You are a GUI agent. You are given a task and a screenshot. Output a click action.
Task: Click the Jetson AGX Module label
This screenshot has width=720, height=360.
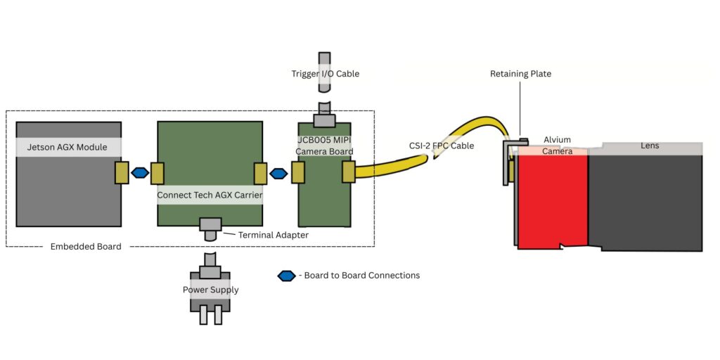click(x=67, y=147)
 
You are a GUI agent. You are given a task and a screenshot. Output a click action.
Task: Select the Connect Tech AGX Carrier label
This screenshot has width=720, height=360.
click(x=210, y=195)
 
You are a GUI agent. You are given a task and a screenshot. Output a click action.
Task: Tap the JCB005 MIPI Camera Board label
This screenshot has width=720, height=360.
click(x=323, y=146)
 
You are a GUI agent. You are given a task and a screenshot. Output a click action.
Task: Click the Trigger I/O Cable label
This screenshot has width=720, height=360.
click(x=325, y=74)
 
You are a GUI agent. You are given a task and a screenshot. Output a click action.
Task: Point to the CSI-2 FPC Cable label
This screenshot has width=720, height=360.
click(x=442, y=146)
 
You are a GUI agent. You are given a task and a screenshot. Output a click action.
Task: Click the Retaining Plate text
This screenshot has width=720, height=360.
click(x=520, y=74)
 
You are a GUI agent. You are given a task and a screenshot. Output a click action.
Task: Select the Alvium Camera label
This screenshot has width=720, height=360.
click(x=558, y=146)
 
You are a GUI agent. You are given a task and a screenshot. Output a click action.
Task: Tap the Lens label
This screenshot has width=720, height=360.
click(x=650, y=146)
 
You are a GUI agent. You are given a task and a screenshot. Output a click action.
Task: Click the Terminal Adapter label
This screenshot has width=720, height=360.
click(x=273, y=235)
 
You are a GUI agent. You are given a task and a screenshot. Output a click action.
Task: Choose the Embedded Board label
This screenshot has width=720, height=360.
click(x=86, y=247)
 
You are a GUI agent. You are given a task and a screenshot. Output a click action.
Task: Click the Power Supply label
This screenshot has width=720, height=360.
click(x=210, y=290)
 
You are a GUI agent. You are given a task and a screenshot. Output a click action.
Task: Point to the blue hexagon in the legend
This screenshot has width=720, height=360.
click(x=286, y=276)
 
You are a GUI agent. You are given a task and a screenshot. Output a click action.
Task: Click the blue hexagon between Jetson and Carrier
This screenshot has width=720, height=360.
click(x=140, y=172)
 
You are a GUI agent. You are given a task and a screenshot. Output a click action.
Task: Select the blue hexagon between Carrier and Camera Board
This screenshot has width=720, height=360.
click(x=279, y=173)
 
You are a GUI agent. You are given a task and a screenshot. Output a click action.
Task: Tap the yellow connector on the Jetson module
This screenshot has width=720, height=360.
click(x=121, y=173)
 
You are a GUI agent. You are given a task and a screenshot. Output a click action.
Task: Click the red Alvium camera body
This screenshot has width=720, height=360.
click(x=552, y=200)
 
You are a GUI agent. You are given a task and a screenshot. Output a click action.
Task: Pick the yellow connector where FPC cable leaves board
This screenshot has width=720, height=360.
click(x=348, y=172)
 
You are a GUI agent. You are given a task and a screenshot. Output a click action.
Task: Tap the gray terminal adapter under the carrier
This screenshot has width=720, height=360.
click(x=210, y=225)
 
